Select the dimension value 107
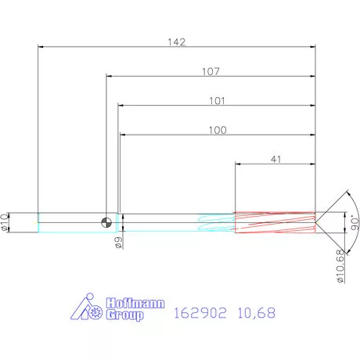(x=210, y=71)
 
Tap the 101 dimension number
(x=217, y=100)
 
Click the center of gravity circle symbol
(x=106, y=222)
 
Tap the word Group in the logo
(x=127, y=316)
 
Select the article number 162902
(x=200, y=314)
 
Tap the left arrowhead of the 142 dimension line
(x=41, y=47)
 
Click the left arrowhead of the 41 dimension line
(x=239, y=164)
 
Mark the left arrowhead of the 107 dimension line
(x=109, y=77)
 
